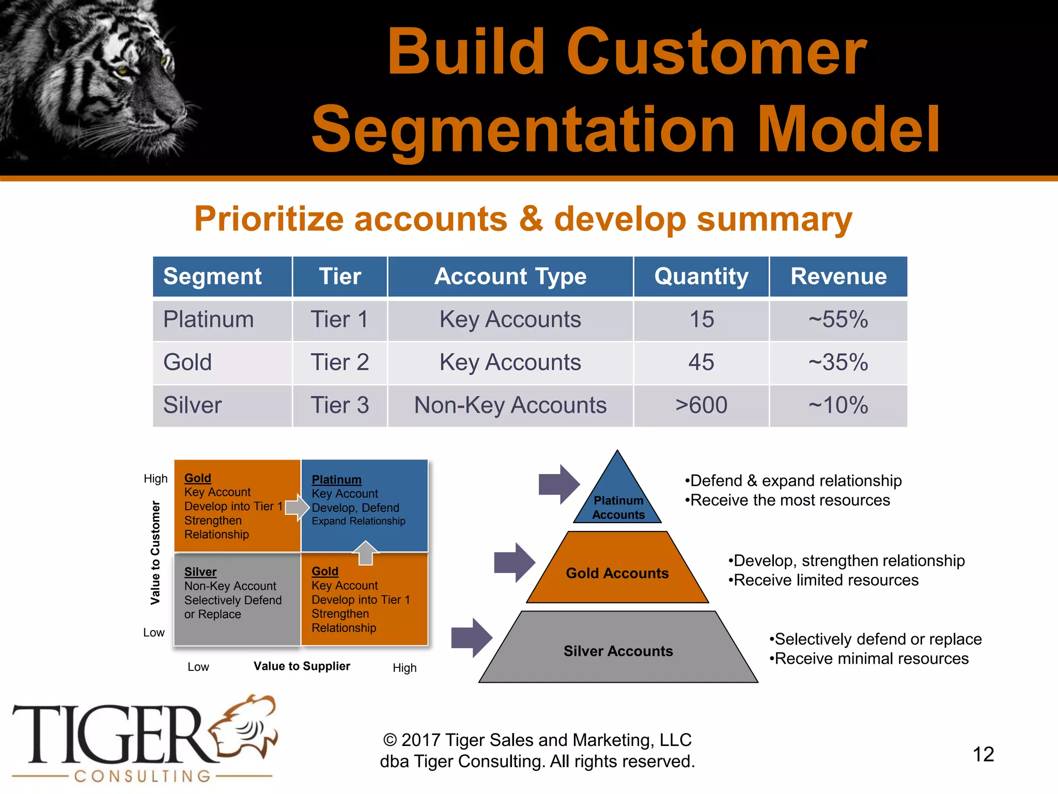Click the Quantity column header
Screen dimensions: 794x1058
click(701, 277)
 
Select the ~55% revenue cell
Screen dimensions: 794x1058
click(838, 319)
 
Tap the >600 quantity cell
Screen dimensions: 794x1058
click(701, 405)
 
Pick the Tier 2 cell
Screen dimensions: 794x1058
click(339, 362)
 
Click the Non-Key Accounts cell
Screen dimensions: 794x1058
click(510, 405)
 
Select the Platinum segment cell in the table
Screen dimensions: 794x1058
click(209, 319)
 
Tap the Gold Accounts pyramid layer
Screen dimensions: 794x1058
click(617, 573)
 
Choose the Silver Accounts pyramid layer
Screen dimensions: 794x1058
click(618, 651)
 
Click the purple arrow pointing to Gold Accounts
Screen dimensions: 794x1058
click(515, 562)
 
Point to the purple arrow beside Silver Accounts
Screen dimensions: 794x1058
click(472, 637)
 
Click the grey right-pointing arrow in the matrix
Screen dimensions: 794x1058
click(297, 507)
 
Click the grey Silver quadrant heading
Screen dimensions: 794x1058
click(200, 572)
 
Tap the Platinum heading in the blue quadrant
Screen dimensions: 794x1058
click(336, 480)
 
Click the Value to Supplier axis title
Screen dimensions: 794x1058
click(302, 666)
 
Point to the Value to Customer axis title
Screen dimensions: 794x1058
click(155, 552)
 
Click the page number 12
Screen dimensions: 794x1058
click(983, 754)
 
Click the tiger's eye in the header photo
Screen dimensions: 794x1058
click(122, 70)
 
